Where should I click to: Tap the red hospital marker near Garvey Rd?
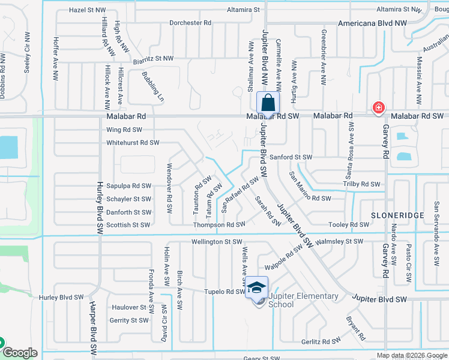(x=378, y=108)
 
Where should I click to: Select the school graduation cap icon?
(x=256, y=287)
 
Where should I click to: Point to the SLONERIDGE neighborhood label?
(x=397, y=214)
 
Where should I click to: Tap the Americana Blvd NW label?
(x=372, y=23)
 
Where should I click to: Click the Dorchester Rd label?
(x=191, y=23)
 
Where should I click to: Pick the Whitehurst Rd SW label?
(x=133, y=143)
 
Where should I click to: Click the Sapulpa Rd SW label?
(x=128, y=186)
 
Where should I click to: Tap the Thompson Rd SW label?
(x=219, y=224)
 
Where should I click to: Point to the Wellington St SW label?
(x=216, y=242)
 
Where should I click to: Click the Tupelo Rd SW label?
(x=223, y=292)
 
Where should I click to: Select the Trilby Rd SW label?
(x=362, y=184)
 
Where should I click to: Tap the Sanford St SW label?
(x=291, y=157)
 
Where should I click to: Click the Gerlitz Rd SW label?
(x=321, y=341)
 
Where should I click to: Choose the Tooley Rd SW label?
(x=349, y=224)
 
